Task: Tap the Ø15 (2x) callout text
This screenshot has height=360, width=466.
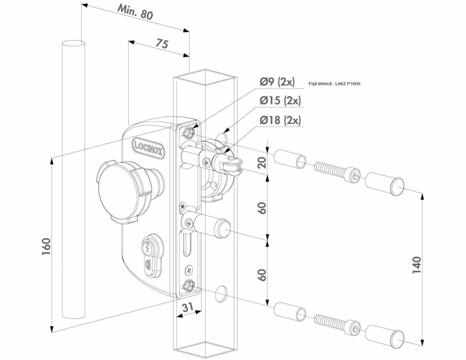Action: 280,101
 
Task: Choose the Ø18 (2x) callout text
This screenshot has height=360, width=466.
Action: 280,120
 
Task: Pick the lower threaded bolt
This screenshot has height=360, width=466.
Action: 336,323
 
